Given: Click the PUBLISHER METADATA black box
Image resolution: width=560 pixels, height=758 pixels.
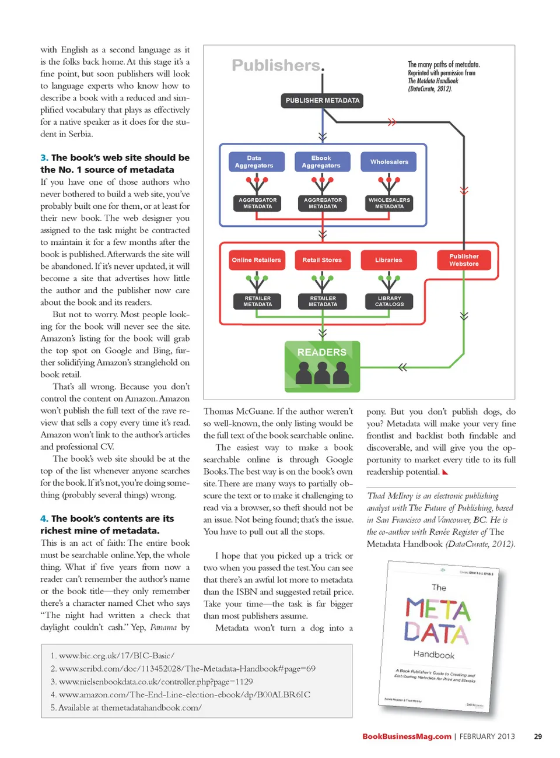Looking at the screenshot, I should pyautogui.click(x=322, y=100).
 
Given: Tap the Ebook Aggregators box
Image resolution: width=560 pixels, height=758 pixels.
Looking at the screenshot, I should pyautogui.click(x=321, y=162).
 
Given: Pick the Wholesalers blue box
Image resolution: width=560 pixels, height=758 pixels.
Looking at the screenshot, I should pyautogui.click(x=389, y=162).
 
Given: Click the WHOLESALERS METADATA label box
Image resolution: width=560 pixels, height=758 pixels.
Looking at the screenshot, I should pyautogui.click(x=389, y=203).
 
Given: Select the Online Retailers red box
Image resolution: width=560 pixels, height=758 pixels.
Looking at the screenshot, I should pyautogui.click(x=256, y=260).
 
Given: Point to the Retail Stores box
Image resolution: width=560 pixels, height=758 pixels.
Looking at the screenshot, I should pyautogui.click(x=322, y=260).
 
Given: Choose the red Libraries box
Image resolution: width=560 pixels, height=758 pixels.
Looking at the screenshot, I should pyautogui.click(x=388, y=260).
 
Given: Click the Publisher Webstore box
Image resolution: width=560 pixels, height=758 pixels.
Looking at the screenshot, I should pyautogui.click(x=464, y=260).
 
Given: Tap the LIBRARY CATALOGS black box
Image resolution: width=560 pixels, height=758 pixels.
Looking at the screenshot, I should pyautogui.click(x=389, y=301).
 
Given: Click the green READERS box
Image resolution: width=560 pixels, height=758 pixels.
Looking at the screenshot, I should pyautogui.click(x=322, y=366).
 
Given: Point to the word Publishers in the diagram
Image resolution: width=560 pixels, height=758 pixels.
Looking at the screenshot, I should pyautogui.click(x=276, y=65).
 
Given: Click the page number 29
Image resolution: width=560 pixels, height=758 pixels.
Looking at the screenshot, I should pyautogui.click(x=538, y=736).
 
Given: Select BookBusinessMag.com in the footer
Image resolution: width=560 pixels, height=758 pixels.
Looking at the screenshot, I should pyautogui.click(x=407, y=736).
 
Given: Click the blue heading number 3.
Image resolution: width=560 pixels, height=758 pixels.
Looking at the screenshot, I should pyautogui.click(x=44, y=157).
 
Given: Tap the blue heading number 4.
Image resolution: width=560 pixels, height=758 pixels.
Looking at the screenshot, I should pyautogui.click(x=44, y=518).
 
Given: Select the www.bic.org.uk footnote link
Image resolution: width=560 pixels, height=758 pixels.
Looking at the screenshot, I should pyautogui.click(x=116, y=655).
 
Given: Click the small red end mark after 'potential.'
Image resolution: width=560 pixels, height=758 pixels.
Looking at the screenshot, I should pyautogui.click(x=445, y=472).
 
